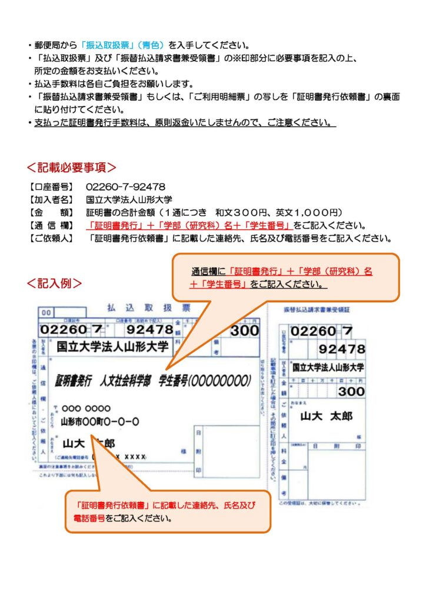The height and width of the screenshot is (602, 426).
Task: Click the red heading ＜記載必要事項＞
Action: coord(71,168)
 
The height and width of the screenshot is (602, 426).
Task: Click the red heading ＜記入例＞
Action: coord(54,283)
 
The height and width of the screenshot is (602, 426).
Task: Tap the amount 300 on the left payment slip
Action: coord(244,330)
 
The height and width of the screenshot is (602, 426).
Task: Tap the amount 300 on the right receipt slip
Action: coord(351,391)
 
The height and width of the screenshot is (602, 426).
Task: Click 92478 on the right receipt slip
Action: coord(342,350)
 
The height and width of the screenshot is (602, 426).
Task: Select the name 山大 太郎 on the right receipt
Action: coord(327,416)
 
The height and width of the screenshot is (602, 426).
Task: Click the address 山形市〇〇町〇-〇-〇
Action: coord(99,421)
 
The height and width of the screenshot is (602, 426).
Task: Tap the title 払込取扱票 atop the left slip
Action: coord(148,307)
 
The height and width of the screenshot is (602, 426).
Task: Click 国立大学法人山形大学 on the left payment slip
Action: coord(112,346)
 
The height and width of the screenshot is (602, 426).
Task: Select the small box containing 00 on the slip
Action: coord(46,313)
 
